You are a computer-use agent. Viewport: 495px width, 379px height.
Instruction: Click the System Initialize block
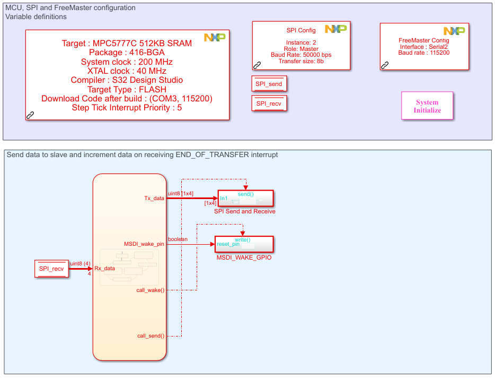coord(427,106)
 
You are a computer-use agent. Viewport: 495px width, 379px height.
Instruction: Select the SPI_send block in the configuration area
coord(269,84)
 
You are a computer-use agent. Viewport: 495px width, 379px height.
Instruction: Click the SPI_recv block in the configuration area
coord(269,104)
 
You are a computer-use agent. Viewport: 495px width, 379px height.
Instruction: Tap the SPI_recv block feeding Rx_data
coord(51,269)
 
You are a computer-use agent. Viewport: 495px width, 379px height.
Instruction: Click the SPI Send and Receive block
coord(245,199)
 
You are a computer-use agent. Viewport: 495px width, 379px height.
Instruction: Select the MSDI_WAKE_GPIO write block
coord(244,244)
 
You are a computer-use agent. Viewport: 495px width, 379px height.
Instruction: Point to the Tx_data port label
coord(154,198)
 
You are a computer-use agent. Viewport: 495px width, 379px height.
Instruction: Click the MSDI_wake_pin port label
coord(144,244)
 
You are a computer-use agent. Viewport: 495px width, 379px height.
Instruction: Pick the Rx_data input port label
coord(104,268)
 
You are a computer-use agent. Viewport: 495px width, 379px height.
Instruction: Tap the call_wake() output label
coord(151,290)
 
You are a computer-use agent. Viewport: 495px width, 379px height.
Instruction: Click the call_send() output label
coord(151,336)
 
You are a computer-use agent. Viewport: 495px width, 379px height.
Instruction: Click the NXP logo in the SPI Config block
coord(335,29)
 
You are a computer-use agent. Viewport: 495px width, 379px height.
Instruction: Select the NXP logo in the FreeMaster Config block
coord(454,31)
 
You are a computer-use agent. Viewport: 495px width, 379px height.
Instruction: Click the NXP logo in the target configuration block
coord(215,37)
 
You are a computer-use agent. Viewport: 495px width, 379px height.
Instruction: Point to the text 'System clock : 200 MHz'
coord(127,62)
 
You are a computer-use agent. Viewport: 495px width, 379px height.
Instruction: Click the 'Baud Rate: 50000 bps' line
coord(301,55)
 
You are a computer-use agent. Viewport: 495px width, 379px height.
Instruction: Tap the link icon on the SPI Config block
coord(257,65)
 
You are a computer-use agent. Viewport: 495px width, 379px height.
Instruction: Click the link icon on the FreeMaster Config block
coord(385,65)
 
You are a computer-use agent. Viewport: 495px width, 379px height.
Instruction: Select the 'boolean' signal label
coord(178,239)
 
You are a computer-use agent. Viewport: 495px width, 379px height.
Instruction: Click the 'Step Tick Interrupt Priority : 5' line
coord(127,108)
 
